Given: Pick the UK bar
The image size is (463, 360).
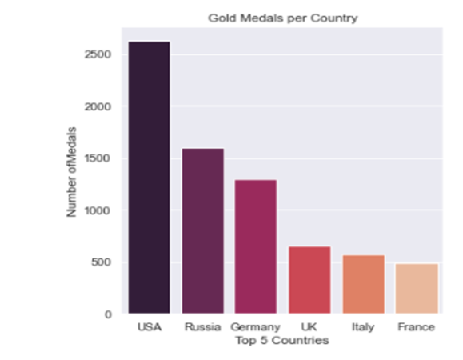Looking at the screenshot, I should [x=309, y=279].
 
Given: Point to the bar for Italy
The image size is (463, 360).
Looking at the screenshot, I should [x=363, y=284].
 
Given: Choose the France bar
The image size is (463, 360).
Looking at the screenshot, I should [x=416, y=288].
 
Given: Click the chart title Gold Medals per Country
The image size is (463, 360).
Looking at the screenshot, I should [x=282, y=17].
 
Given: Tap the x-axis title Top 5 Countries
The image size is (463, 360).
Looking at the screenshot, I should [x=282, y=340].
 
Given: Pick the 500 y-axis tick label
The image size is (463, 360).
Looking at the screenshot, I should [x=103, y=262].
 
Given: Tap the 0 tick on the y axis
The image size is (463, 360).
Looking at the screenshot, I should [x=109, y=314].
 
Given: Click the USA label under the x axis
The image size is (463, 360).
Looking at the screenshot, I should [x=149, y=327].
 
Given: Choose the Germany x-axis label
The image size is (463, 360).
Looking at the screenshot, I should [x=255, y=327].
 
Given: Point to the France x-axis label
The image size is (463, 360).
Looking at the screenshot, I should [x=416, y=327].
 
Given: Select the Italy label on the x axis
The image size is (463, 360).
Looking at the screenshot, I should [x=363, y=327].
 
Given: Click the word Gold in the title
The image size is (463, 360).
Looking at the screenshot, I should [x=221, y=17].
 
